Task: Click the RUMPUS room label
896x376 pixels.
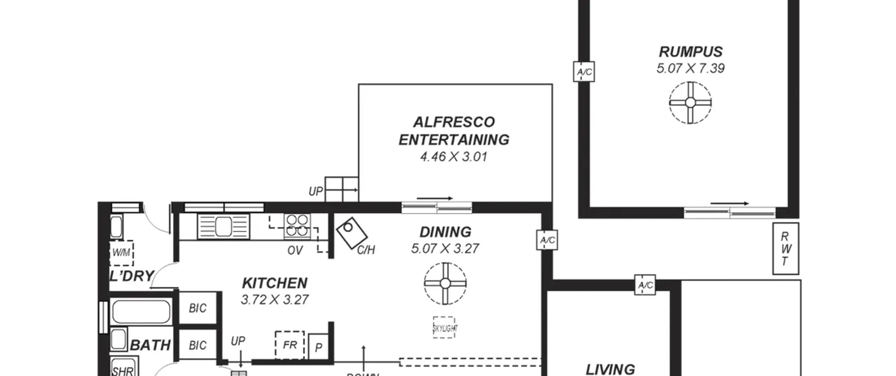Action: tap(691, 52)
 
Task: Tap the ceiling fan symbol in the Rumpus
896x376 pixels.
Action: tap(690, 103)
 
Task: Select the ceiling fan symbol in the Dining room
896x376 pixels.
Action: tap(445, 283)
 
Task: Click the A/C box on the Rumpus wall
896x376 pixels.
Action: tap(584, 72)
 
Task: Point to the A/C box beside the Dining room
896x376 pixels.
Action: tap(547, 240)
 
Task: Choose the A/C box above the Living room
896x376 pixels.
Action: tap(645, 285)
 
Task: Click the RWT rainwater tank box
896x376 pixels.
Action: tap(786, 249)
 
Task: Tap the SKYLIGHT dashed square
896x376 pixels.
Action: tap(444, 327)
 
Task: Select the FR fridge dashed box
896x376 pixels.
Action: tap(290, 345)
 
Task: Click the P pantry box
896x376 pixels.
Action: tap(318, 347)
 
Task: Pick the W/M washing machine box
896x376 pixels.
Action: tap(121, 252)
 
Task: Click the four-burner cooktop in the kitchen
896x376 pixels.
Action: tap(297, 226)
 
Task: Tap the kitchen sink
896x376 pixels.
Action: tap(223, 226)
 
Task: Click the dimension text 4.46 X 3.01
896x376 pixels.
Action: tap(454, 157)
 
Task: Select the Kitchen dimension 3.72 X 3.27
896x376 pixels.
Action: tap(274, 300)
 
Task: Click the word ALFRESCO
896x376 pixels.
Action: tap(454, 122)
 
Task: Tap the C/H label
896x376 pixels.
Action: tap(366, 250)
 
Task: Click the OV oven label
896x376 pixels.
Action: tap(295, 250)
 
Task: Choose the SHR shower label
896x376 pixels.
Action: tap(123, 371)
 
